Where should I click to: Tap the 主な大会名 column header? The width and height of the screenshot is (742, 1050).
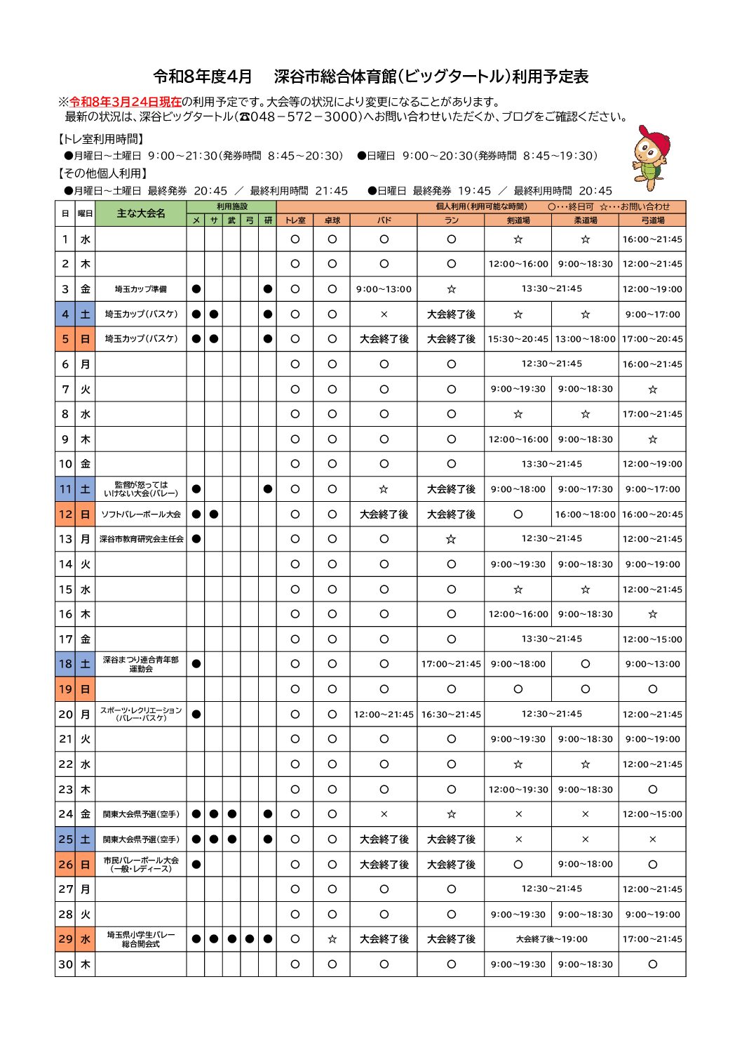coord(140,213)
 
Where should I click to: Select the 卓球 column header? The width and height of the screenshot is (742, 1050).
coord(332,220)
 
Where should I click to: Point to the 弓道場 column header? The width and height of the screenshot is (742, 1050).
coord(652,220)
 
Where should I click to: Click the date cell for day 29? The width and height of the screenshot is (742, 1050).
coord(65,939)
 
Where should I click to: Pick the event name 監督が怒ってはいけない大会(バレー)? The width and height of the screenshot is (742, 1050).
coord(140,489)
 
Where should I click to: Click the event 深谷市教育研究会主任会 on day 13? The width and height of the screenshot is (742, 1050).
coord(140,539)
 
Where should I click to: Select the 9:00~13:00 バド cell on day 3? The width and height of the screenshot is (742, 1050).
coord(384,289)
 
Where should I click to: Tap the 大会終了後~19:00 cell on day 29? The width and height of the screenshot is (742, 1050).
coord(551,939)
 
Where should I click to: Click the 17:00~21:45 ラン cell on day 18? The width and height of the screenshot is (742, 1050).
coord(451,664)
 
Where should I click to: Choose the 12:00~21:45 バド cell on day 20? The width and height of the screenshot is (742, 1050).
coord(384,715)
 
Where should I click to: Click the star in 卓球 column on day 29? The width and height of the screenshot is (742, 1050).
coord(332,939)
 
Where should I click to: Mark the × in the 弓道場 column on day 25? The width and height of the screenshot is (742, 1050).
coord(652,839)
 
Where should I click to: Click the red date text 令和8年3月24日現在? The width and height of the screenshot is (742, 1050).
coord(126,102)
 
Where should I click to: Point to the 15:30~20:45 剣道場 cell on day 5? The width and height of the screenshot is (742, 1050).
coord(518,339)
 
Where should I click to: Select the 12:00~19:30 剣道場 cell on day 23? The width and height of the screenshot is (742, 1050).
coord(518,790)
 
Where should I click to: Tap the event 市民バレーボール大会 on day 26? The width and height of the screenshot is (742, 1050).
coord(140,864)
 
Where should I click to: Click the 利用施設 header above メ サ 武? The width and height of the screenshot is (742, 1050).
coord(231,207)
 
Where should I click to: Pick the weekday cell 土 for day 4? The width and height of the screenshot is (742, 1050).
coord(85,314)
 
